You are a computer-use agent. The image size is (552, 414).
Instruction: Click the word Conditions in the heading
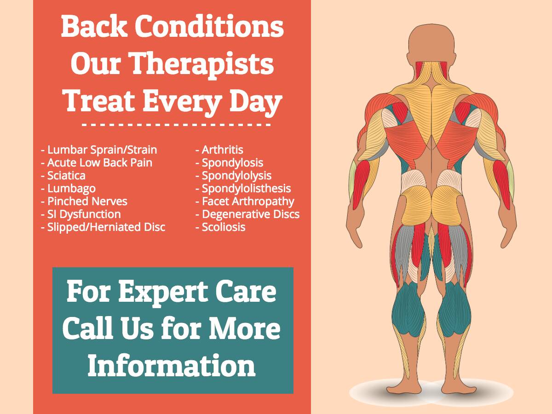coord(209,26)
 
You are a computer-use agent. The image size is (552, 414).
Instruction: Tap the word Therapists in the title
coord(202,65)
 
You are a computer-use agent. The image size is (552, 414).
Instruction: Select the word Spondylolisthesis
coord(247,189)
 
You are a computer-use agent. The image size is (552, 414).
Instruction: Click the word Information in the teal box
coord(172,366)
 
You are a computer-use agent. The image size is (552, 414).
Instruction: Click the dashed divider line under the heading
coord(177,124)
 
